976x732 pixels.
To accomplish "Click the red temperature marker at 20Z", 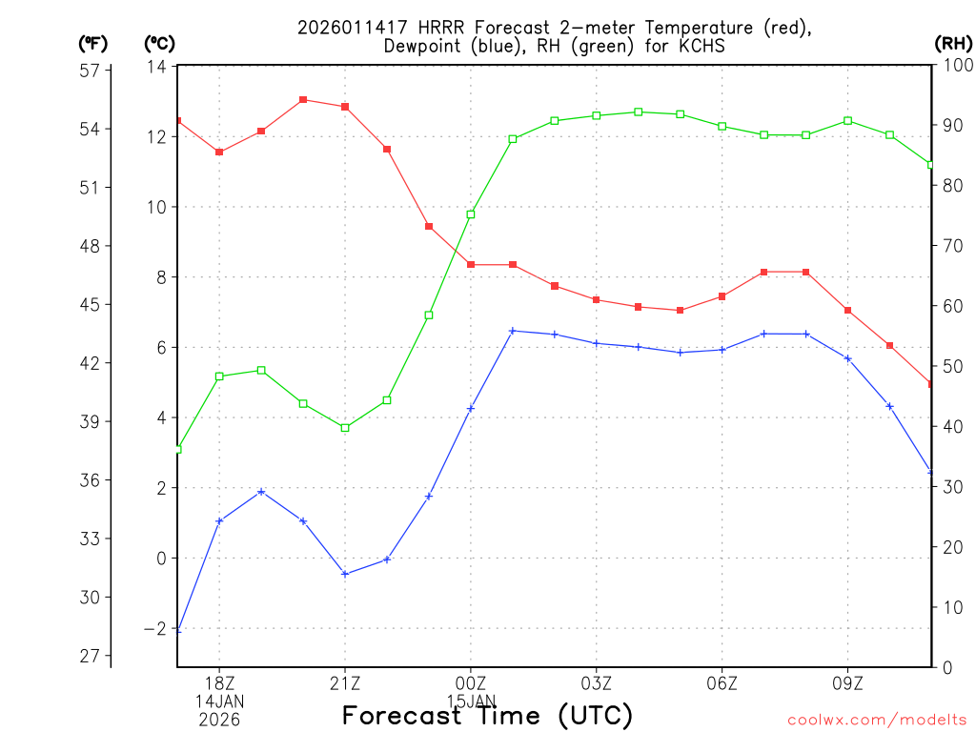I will coord(303,99).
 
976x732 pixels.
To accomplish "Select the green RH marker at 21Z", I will coord(345,428).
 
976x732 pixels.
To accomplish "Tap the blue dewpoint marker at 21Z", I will coord(345,574).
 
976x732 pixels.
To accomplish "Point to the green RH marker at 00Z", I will coord(471,214).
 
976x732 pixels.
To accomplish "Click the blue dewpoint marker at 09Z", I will coord(848,358).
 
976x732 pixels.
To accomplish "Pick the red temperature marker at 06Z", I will coord(722,296).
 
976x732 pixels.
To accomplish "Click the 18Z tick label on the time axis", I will coord(219,683).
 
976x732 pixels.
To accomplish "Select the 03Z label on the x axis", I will coord(597,683).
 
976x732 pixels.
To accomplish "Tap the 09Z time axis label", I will coord(848,683).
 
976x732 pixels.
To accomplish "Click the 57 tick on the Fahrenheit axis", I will coord(91,71).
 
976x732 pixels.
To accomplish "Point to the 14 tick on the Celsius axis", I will coord(157,67).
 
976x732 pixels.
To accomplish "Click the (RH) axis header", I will coord(953,43).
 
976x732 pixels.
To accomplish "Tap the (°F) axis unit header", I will coord(93,43).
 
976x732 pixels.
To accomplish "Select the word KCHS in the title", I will coord(702,46).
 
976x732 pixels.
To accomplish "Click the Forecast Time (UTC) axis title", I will coord(487,715).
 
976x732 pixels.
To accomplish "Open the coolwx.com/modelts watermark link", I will coord(877,720).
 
